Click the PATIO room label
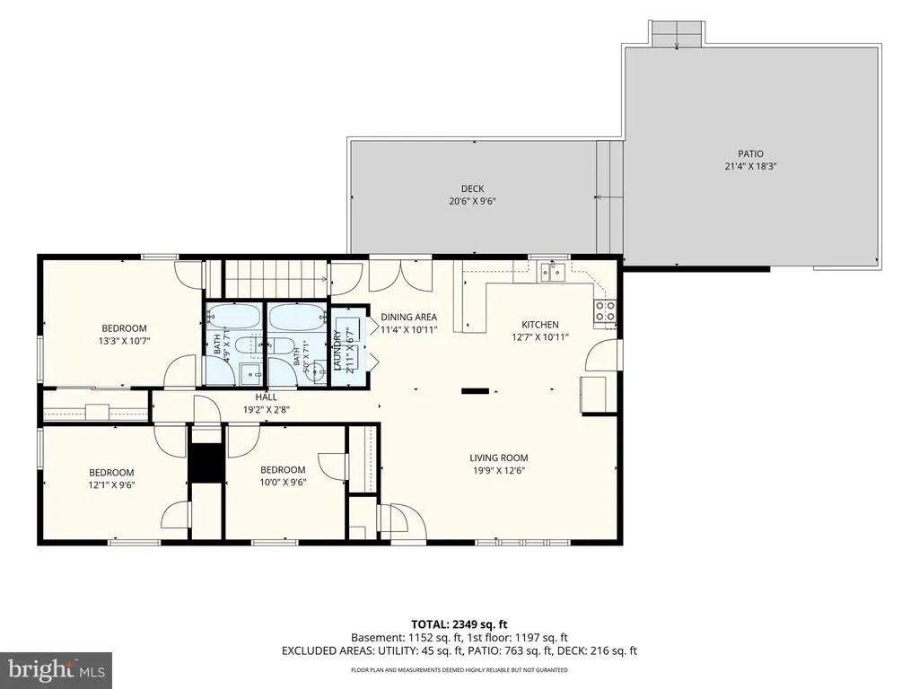pyautogui.click(x=750, y=154)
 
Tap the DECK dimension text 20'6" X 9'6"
pyautogui.click(x=472, y=201)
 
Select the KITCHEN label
pyautogui.click(x=539, y=325)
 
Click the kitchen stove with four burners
pyautogui.click(x=606, y=311)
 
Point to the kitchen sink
pyautogui.click(x=552, y=271)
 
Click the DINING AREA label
pyautogui.click(x=408, y=317)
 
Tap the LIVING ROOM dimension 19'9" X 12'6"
pyautogui.click(x=499, y=470)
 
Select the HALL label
pyautogui.click(x=266, y=397)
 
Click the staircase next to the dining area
pyautogui.click(x=276, y=278)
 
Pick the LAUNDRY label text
pyautogui.click(x=337, y=351)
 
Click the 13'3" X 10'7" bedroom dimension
pyautogui.click(x=124, y=341)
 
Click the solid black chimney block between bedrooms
pyautogui.click(x=206, y=463)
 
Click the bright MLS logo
pyautogui.click(x=56, y=669)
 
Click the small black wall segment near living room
pyautogui.click(x=475, y=390)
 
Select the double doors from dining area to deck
pyautogui.click(x=400, y=275)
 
